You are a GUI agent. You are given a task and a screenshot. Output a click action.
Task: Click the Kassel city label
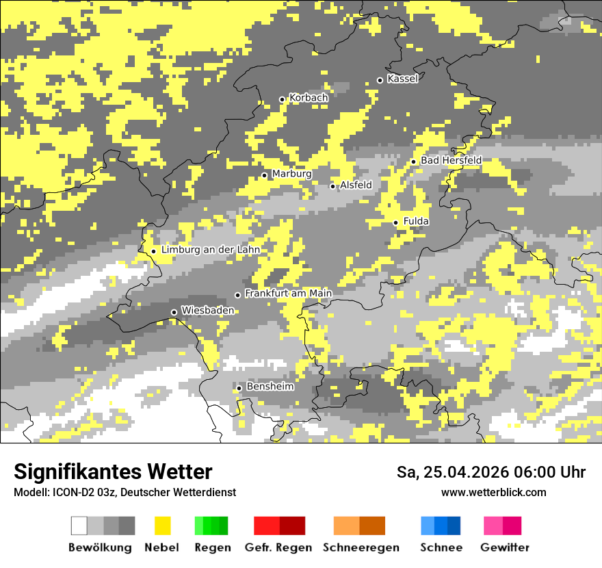[402, 79]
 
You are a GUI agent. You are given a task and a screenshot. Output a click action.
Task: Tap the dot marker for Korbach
[282, 99]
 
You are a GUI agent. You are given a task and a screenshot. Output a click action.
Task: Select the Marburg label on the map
[291, 174]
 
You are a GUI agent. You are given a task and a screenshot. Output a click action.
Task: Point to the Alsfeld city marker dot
[333, 186]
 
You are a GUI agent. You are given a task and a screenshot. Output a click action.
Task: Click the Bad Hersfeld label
[451, 160]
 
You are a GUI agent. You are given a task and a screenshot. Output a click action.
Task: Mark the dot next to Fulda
[395, 222]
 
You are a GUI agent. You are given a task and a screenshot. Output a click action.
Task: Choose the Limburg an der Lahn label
[210, 250]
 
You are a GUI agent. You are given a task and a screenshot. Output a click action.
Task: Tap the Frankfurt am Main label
[288, 294]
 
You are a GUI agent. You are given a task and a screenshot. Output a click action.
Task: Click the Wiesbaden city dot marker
[174, 312]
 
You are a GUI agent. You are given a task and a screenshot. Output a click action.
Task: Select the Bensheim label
[270, 387]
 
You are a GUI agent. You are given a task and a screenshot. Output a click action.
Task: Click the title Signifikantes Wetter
[113, 472]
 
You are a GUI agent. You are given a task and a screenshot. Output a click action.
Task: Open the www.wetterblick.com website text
[493, 492]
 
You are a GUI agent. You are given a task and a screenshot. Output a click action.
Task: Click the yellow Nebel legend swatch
[162, 526]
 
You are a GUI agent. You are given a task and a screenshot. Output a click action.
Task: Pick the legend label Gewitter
[505, 547]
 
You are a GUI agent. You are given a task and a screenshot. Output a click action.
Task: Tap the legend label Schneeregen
[361, 547]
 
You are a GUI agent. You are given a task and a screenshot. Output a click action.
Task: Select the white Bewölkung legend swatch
[79, 526]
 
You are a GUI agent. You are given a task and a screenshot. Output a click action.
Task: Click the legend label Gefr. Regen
[278, 547]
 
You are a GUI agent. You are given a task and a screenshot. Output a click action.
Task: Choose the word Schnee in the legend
[441, 547]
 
